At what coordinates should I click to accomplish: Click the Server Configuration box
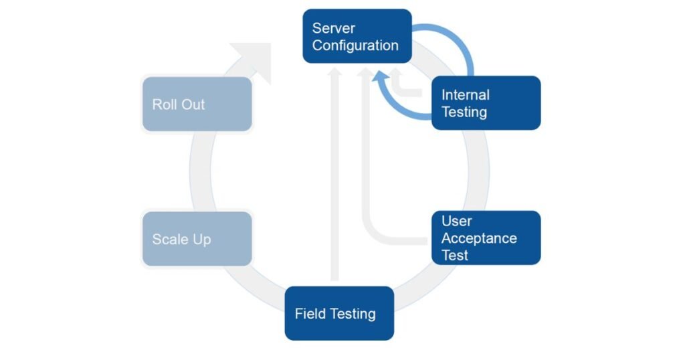point(357,36)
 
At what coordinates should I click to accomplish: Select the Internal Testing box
point(486,103)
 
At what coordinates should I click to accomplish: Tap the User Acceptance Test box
point(486,238)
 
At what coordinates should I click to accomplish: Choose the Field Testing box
point(339,313)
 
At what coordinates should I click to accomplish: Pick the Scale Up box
point(197,239)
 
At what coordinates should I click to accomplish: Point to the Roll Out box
point(197,104)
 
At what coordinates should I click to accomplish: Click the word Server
point(334,28)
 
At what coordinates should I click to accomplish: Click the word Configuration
point(355,46)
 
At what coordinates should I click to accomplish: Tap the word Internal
point(466,95)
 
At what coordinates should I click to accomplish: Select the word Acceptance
point(479,238)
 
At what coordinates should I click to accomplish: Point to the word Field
point(310,314)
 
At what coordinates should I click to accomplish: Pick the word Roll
point(164,104)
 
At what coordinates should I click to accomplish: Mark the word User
point(456,221)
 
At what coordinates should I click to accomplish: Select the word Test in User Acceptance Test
point(455,255)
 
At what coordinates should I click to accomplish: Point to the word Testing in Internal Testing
point(464,112)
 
